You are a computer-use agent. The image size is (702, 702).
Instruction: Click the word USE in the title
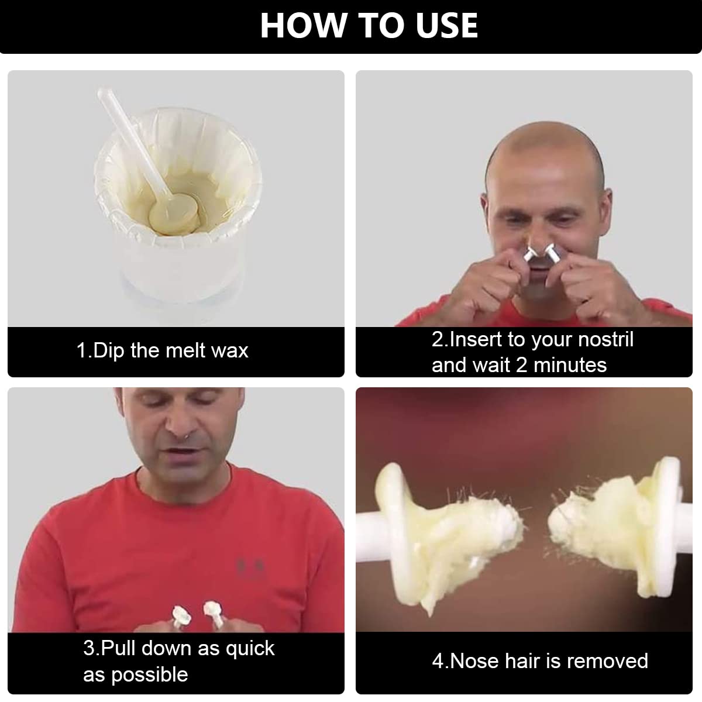pyautogui.click(x=446, y=26)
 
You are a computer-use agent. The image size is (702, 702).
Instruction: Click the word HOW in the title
pyautogui.click(x=303, y=26)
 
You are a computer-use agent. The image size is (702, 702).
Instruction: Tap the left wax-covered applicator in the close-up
pyautogui.click(x=437, y=532)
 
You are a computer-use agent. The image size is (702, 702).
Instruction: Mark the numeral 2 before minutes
pyautogui.click(x=522, y=365)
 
